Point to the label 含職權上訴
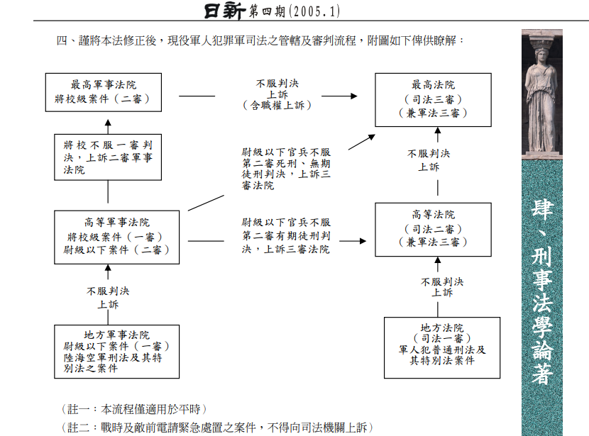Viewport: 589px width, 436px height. [277, 106]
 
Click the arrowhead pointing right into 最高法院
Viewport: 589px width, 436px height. [354, 96]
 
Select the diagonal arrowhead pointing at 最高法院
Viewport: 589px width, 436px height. [372, 137]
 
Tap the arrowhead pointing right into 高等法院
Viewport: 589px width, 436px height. [363, 241]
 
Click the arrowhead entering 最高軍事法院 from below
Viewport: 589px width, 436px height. [108, 123]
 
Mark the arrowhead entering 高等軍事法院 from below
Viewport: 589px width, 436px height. [108, 268]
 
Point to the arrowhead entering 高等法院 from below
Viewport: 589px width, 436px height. [438, 260]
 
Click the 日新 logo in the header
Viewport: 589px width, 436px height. [225, 11]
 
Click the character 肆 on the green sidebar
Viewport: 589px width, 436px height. [542, 209]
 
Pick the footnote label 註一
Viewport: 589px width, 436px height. [78, 409]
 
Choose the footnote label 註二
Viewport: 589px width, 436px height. [78, 427]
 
